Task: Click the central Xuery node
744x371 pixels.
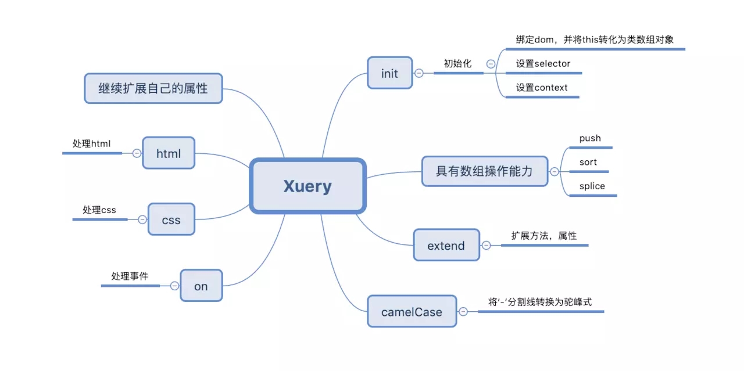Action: click(x=308, y=186)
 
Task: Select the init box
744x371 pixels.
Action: click(x=390, y=73)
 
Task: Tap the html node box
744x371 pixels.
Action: click(x=169, y=153)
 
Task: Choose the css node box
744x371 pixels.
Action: click(x=171, y=219)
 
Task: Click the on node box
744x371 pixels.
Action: click(x=201, y=286)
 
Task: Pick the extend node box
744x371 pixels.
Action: click(x=446, y=245)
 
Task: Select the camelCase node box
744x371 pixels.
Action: click(x=412, y=311)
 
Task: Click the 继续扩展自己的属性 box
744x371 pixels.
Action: click(x=153, y=88)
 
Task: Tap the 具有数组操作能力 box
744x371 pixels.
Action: click(x=485, y=171)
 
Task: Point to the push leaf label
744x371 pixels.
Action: click(x=590, y=138)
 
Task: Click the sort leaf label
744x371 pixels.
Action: click(x=588, y=162)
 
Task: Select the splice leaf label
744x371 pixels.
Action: click(x=592, y=186)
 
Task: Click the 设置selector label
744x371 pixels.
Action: click(x=543, y=63)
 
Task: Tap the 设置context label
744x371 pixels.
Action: click(x=542, y=87)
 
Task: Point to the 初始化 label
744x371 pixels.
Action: click(x=457, y=63)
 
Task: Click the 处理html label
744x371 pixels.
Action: click(x=91, y=143)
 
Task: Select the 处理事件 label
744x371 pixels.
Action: click(x=130, y=276)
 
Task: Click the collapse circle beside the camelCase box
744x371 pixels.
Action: click(x=463, y=311)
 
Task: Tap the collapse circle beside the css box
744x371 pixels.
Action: click(x=142, y=219)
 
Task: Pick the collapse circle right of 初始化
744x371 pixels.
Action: click(x=491, y=64)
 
